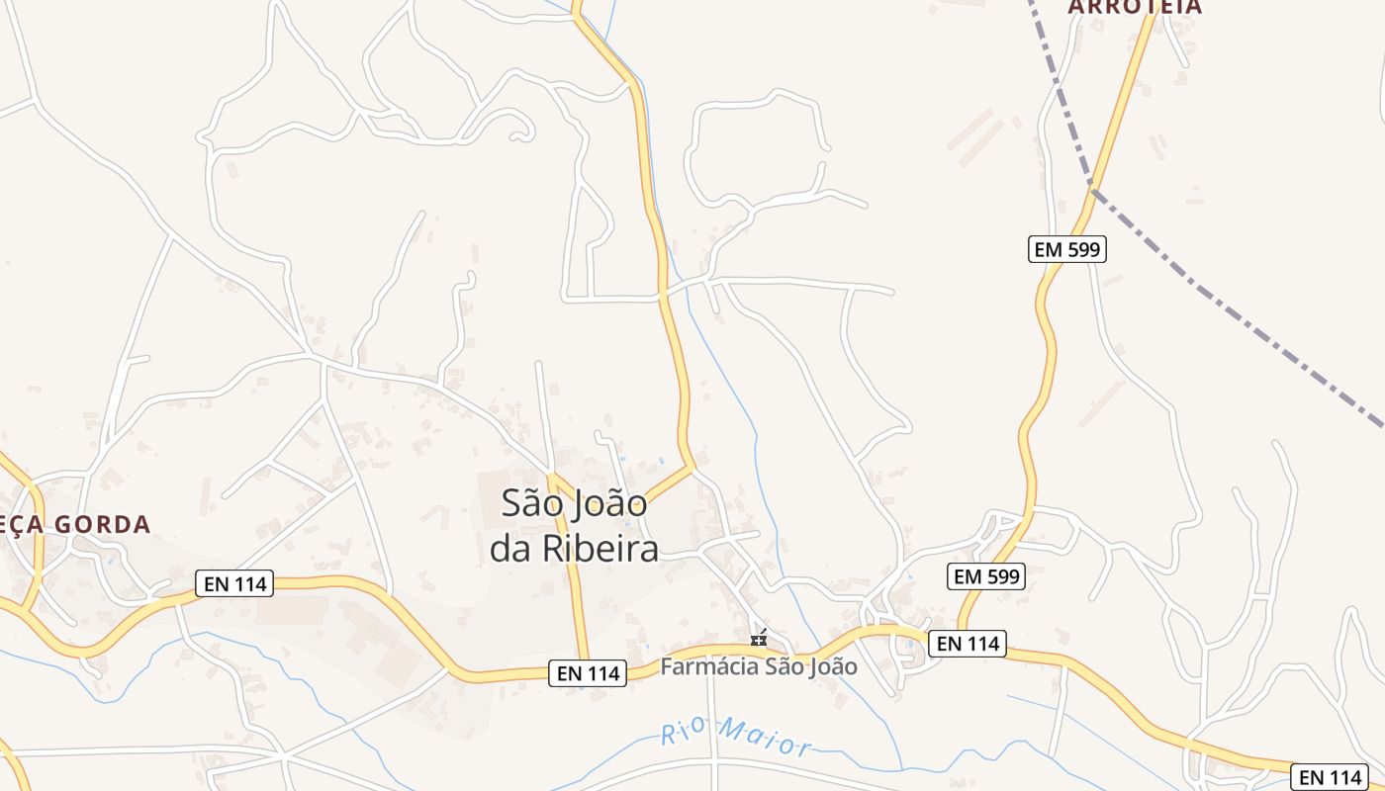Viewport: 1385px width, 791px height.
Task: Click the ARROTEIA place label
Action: [1135, 7]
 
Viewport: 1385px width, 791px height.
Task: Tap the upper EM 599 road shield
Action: [1066, 249]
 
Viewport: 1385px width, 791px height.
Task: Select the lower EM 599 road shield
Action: [986, 576]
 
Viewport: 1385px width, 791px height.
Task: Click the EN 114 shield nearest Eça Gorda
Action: [235, 583]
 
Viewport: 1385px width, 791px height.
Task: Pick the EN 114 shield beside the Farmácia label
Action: [589, 673]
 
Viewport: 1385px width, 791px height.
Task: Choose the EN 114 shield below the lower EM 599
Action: [969, 644]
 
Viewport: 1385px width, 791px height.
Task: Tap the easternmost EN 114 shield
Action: [1332, 777]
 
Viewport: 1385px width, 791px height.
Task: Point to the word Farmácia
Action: [709, 666]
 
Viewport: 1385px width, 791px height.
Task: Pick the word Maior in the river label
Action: [767, 738]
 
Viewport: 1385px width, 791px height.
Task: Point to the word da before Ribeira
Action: [512, 550]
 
